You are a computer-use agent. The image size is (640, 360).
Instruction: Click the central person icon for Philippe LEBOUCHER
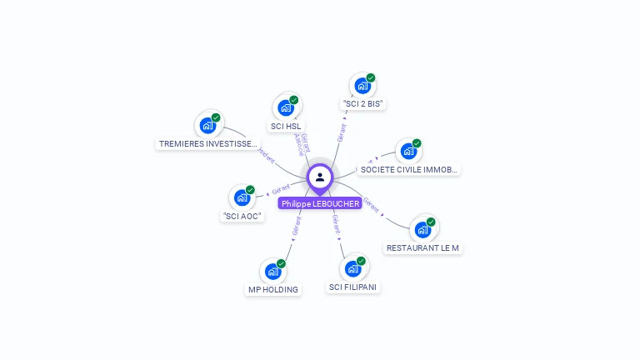[x=320, y=177]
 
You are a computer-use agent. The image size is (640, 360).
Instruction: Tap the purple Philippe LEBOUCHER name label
[x=320, y=203]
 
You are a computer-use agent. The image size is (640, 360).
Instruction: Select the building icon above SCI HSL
[x=286, y=107]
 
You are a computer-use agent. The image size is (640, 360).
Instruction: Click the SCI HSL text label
[x=286, y=127]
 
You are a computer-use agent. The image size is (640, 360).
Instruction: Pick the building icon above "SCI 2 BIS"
[x=362, y=85]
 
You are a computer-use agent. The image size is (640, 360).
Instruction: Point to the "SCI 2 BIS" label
[x=363, y=104]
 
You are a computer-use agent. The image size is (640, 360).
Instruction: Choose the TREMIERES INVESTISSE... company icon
[x=207, y=125]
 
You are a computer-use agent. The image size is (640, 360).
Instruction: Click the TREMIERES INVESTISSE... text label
[x=207, y=144]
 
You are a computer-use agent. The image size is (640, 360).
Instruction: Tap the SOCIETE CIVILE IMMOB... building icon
[x=407, y=151]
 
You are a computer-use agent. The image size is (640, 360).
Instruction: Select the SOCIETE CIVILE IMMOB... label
[x=408, y=170]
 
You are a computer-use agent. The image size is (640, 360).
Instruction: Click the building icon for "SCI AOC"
[x=242, y=197]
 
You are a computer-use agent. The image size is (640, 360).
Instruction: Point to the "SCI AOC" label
[x=242, y=216]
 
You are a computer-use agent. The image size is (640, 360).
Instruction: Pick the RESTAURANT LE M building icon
[x=422, y=229]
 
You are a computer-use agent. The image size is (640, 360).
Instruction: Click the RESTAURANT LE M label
[x=422, y=248]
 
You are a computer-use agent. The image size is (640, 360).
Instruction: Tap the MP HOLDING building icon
[x=272, y=271]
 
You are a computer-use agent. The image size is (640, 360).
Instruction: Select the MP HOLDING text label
[x=272, y=290]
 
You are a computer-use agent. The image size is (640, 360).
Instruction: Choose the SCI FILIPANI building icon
[x=352, y=268]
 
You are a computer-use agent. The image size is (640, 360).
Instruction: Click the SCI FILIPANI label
[x=353, y=287]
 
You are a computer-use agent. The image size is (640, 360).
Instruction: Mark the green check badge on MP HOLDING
[x=281, y=263]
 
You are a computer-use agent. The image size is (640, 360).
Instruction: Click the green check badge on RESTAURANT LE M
[x=431, y=222]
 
